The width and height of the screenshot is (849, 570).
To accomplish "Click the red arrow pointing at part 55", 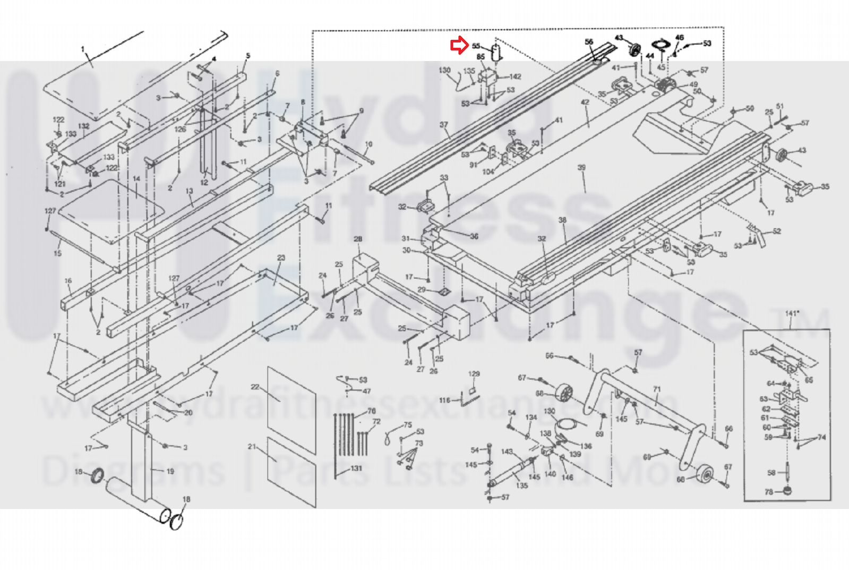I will click(459, 46).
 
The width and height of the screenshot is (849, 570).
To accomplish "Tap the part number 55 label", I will click(476, 46).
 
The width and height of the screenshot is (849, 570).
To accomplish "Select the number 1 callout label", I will click(83, 49).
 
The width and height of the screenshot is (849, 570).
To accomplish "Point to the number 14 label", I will click(136, 179).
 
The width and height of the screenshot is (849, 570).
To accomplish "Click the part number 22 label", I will click(255, 387).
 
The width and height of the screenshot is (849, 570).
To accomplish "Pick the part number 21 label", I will click(252, 447).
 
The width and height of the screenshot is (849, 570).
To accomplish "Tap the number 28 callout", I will click(358, 239).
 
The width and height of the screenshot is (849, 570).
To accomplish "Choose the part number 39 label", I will click(581, 168).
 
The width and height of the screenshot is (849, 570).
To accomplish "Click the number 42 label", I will click(585, 102).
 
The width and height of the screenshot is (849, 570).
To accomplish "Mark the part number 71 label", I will click(657, 389).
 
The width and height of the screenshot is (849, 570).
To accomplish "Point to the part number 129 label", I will click(474, 374).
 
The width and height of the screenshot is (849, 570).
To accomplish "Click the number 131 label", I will click(356, 468).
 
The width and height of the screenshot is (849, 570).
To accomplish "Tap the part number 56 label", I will click(589, 42).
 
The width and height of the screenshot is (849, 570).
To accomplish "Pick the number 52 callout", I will click(777, 232).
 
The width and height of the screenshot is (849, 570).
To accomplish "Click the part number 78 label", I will click(769, 492).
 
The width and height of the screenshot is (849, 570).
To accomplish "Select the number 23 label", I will click(281, 258).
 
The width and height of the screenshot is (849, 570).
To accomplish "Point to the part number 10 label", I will click(369, 144).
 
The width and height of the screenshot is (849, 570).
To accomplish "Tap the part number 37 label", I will click(444, 125).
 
